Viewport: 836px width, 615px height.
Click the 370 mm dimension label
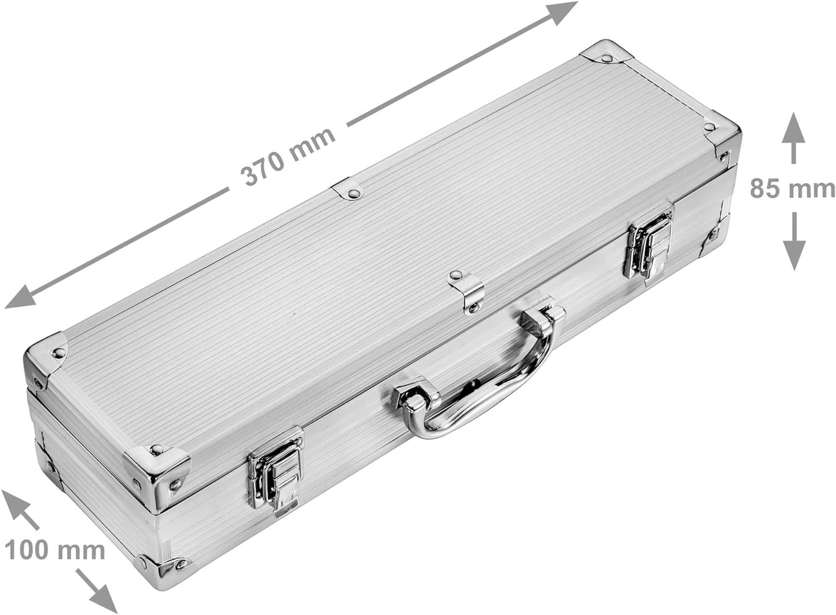[x=288, y=157]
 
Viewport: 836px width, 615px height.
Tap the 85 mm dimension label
[x=793, y=188]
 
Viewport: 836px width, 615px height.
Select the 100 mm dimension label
[x=54, y=550]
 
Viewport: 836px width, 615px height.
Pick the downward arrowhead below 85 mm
[x=794, y=255]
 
